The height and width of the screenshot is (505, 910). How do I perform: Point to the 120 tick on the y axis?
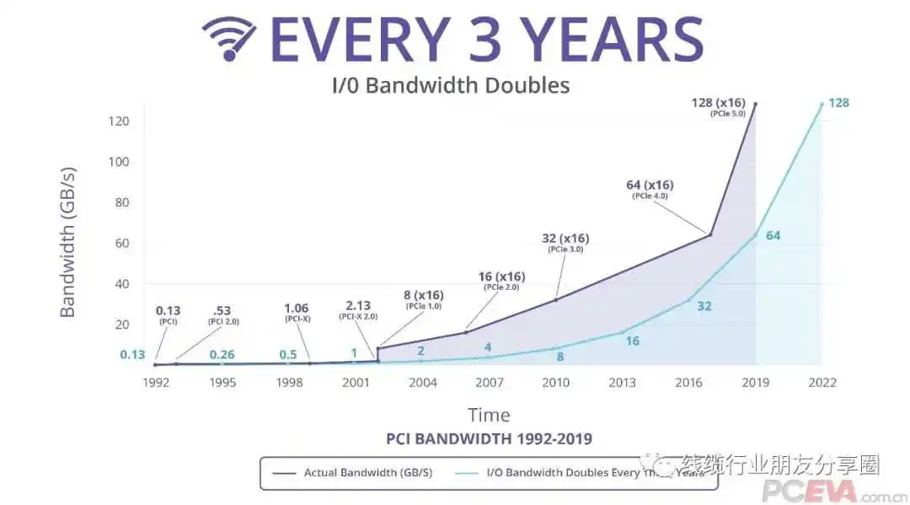pyautogui.click(x=118, y=121)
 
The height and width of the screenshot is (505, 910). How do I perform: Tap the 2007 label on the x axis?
pyautogui.click(x=489, y=382)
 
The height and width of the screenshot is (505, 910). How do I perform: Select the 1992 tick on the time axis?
pyautogui.click(x=157, y=382)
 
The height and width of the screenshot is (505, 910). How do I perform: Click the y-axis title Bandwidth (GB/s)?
pyautogui.click(x=68, y=242)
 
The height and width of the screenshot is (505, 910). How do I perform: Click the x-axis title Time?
pyautogui.click(x=489, y=415)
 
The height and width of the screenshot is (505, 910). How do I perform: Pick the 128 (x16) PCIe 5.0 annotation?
pyautogui.click(x=718, y=107)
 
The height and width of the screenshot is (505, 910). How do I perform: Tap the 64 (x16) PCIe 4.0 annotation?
pyautogui.click(x=650, y=189)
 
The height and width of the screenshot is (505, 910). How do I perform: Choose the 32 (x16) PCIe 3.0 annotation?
pyautogui.click(x=565, y=243)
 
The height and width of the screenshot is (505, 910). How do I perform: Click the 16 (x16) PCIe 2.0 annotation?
pyautogui.click(x=500, y=281)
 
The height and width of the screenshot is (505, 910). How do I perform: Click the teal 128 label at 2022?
pyautogui.click(x=838, y=103)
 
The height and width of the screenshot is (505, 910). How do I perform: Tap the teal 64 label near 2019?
pyautogui.click(x=773, y=235)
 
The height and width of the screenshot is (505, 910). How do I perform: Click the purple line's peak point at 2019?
pyautogui.click(x=755, y=104)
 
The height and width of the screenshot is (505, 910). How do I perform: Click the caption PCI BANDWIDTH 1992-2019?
pyautogui.click(x=489, y=438)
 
